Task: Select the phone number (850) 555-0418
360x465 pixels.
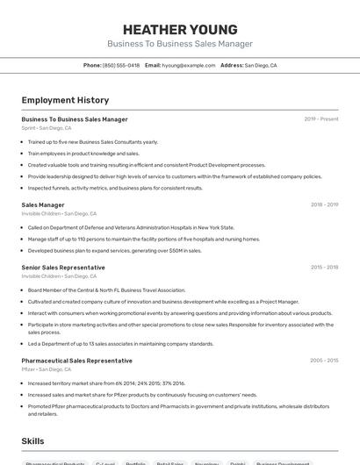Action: point(121,65)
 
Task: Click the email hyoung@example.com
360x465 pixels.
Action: point(190,65)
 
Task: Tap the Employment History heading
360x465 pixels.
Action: point(65,100)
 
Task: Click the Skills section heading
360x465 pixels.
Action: point(33,440)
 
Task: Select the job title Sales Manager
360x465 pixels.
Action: point(43,204)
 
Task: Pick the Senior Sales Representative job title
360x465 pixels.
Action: point(63,268)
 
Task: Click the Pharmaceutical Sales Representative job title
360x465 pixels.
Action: point(76,361)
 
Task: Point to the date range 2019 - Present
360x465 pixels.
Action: point(321,119)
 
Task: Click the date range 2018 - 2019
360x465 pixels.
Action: point(324,204)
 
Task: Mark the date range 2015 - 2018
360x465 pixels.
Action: point(324,268)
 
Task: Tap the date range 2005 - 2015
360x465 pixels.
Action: point(324,361)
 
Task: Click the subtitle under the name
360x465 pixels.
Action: point(179,44)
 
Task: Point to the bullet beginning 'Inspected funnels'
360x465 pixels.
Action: point(115,188)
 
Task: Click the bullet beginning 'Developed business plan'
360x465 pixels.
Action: point(114,250)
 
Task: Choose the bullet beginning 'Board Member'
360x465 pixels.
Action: point(106,290)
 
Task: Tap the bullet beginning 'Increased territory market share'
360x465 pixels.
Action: point(106,383)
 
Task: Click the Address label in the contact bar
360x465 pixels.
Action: point(232,65)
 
